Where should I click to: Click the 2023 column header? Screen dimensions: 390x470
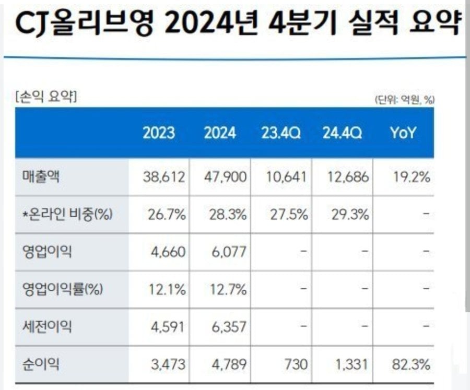tap(159, 133)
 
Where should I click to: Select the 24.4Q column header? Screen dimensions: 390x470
tap(342, 133)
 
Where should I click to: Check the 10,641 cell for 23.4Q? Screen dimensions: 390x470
tap(286, 177)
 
